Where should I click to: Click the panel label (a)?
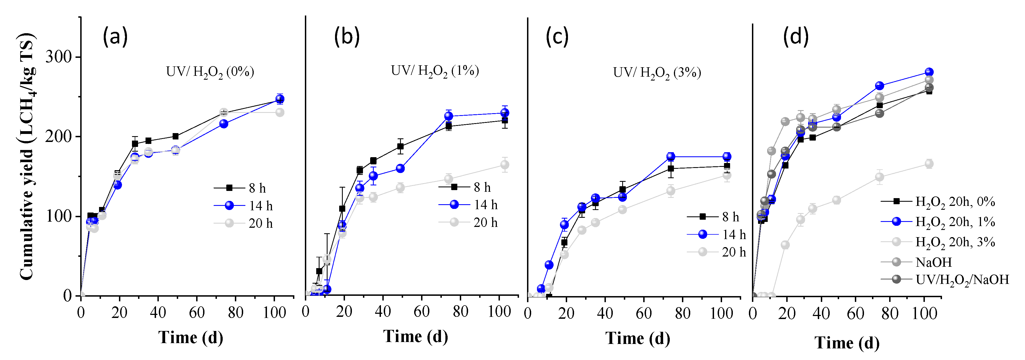pyautogui.click(x=115, y=37)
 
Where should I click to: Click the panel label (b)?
pyautogui.click(x=347, y=37)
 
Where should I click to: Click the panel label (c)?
pyautogui.click(x=557, y=37)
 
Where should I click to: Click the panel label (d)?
pyautogui.click(x=796, y=37)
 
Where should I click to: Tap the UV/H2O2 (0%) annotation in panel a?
pyautogui.click(x=210, y=72)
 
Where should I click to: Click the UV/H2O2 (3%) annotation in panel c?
pyautogui.click(x=657, y=73)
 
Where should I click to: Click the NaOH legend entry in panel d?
pyautogui.click(x=933, y=262)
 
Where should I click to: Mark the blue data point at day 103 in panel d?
pyautogui.click(x=929, y=72)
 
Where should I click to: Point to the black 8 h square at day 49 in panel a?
pyautogui.click(x=175, y=136)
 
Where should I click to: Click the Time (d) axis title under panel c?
pyautogui.click(x=637, y=338)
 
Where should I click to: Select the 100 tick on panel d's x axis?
pyautogui.click(x=924, y=314)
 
